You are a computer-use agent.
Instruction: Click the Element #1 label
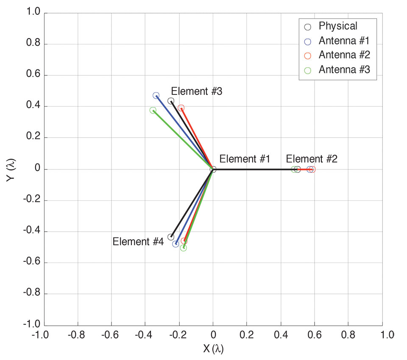245,159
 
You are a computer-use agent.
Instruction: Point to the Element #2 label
312,159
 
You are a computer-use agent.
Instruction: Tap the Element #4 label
138,242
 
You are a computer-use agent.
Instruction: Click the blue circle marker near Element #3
156,96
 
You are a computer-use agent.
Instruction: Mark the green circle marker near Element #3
153,111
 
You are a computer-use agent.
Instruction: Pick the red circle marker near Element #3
181,108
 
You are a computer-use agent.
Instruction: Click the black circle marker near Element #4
171,237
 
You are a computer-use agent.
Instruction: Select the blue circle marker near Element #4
176,244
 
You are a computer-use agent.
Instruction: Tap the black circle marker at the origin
213,169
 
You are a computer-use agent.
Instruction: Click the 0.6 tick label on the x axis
315,335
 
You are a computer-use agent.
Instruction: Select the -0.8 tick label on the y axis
32,294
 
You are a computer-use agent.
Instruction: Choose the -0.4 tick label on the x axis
145,335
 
